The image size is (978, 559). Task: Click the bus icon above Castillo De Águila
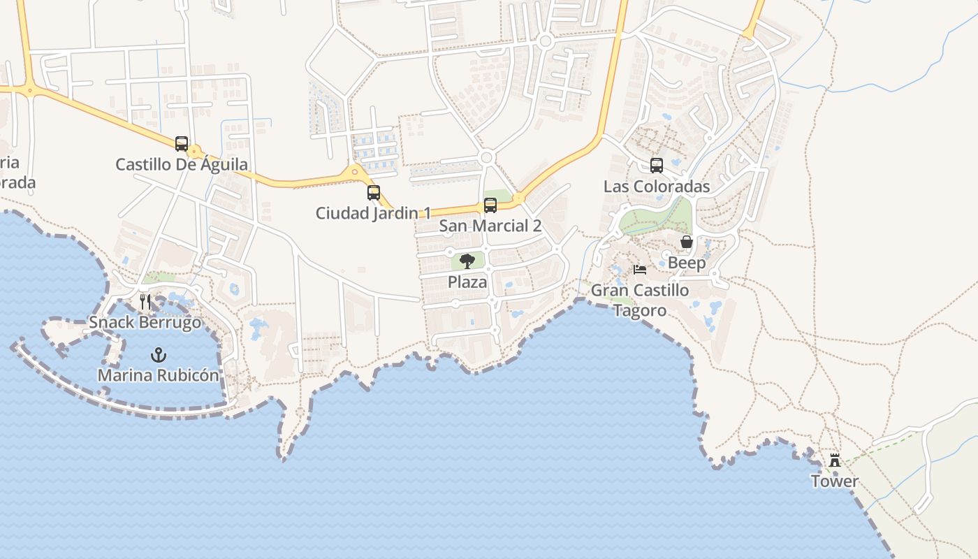(182, 144)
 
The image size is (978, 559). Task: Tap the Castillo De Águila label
(182, 165)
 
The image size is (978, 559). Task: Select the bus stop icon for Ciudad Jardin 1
(374, 193)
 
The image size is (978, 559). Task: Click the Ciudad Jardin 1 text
(374, 213)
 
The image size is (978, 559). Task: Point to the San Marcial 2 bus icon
(490, 205)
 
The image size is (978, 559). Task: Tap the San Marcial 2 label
(490, 226)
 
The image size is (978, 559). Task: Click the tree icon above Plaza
(467, 262)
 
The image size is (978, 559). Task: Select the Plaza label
(467, 282)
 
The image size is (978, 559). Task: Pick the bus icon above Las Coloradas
(657, 166)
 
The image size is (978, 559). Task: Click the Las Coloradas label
(657, 187)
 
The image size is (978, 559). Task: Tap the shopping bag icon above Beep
(687, 242)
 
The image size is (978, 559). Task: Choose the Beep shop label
(687, 263)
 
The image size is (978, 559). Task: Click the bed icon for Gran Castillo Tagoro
(640, 270)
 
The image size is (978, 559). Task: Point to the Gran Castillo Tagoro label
(640, 300)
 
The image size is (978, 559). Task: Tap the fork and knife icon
(145, 302)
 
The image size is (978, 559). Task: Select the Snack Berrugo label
(145, 323)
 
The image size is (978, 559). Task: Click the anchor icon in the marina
(159, 355)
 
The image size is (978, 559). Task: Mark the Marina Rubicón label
(159, 375)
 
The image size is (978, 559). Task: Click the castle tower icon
(835, 460)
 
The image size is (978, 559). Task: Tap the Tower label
(835, 481)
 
